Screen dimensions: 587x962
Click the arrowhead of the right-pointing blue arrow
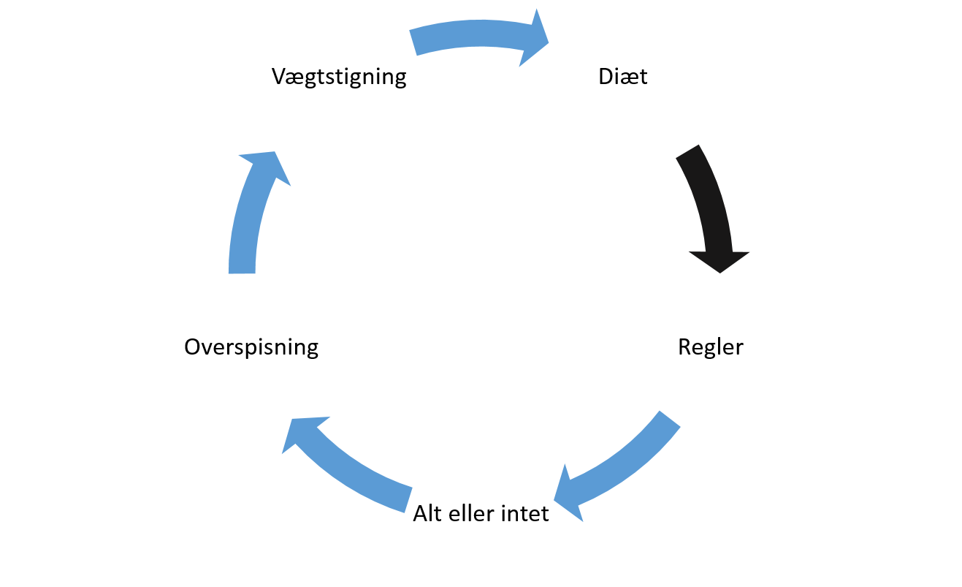point(533,40)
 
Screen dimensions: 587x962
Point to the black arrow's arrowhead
point(719,260)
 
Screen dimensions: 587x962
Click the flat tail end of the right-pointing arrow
point(413,43)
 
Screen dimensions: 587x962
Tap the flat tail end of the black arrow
point(687,151)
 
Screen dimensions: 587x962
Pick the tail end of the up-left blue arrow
point(409,499)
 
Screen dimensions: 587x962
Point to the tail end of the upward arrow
point(242,273)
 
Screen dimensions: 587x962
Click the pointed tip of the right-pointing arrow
point(549,42)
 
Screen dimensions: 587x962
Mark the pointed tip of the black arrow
point(720,273)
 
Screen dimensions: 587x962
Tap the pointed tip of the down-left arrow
point(554,501)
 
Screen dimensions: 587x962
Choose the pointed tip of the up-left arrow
point(291,419)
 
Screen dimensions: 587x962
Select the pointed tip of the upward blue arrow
point(275,151)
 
